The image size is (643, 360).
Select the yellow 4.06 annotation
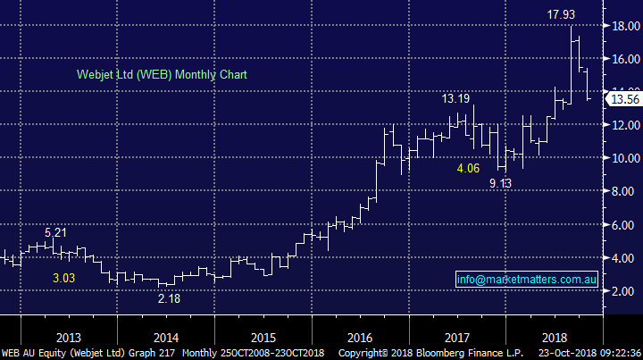(x=469, y=168)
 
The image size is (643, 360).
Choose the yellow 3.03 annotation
(x=63, y=279)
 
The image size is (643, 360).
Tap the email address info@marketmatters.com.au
(x=525, y=280)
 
